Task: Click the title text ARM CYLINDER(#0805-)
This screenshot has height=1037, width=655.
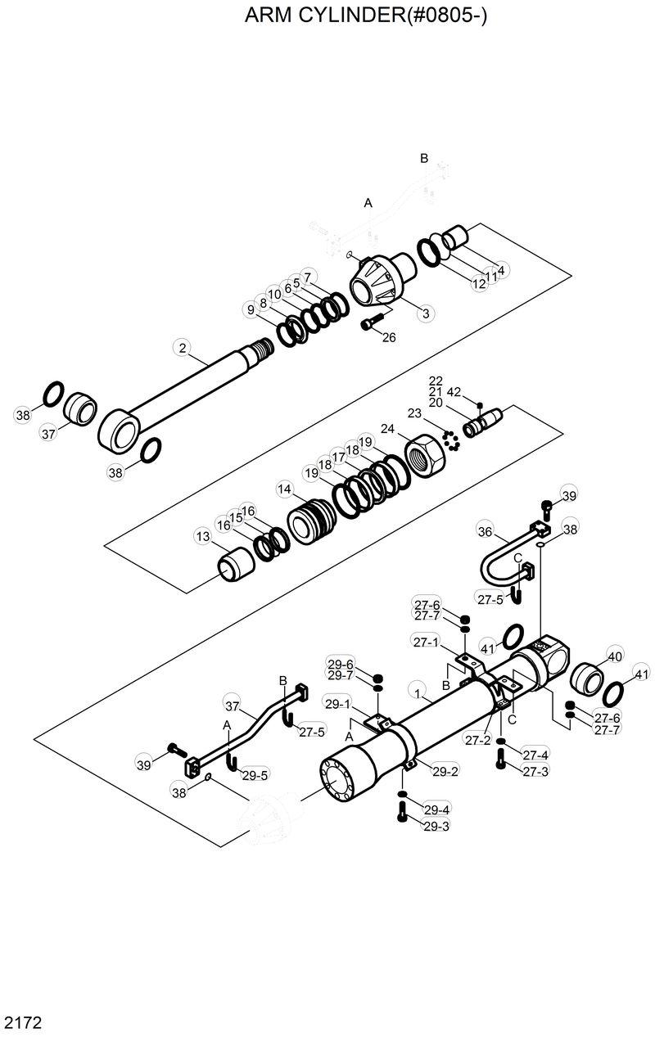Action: (366, 17)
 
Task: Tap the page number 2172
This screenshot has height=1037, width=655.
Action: (24, 1022)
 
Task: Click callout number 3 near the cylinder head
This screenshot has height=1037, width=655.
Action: (425, 313)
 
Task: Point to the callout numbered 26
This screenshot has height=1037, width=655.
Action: (389, 337)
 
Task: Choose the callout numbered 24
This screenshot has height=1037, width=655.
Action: (387, 428)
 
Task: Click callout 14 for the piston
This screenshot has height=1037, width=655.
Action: (284, 489)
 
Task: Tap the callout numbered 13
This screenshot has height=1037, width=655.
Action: (202, 536)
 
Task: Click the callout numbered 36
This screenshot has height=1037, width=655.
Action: (484, 531)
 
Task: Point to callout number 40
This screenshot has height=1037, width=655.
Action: (614, 656)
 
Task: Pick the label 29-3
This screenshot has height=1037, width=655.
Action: (436, 827)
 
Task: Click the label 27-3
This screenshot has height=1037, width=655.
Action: (535, 770)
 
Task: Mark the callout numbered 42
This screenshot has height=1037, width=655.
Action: (454, 391)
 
